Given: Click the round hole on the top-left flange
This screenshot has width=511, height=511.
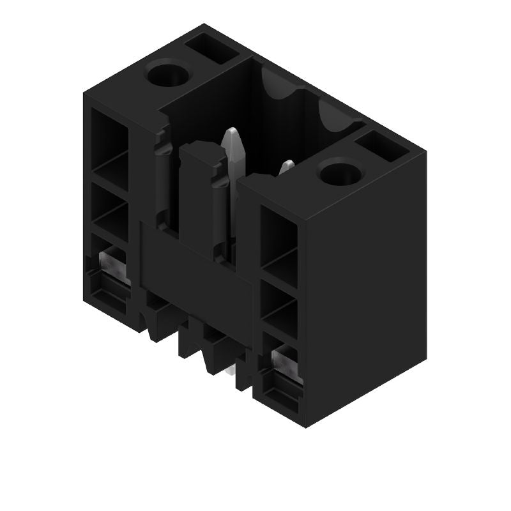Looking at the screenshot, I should tap(169, 75).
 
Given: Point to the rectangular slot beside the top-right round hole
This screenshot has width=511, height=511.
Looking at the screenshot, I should tap(382, 146).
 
